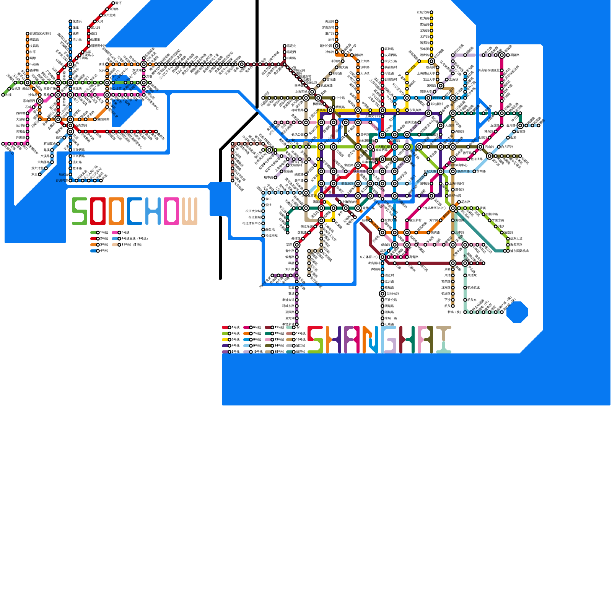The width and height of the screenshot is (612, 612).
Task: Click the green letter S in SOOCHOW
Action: pos(80,211)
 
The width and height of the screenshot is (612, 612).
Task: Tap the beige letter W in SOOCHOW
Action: pos(190,211)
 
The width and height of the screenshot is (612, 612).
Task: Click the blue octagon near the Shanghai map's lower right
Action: pos(517,312)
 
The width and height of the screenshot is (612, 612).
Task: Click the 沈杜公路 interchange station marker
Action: pos(382,294)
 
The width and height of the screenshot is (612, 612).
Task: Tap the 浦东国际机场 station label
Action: pos(519,251)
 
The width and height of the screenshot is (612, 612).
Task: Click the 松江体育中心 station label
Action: pos(252,223)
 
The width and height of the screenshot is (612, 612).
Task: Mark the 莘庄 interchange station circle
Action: pos(297,245)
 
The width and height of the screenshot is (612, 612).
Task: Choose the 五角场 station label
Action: pos(453,80)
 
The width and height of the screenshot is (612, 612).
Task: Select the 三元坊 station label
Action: pos(77,89)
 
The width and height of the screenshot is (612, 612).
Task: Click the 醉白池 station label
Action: pos(270,229)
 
